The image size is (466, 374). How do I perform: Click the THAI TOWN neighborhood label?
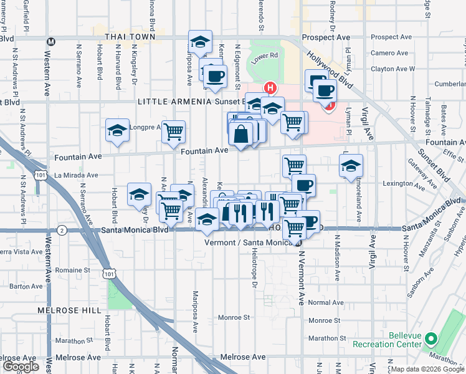tap(130, 37)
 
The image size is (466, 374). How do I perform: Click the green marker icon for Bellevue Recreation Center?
tap(432, 340)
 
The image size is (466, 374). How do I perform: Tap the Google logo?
tap(21, 367)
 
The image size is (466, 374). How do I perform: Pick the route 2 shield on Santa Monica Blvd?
tap(62, 230)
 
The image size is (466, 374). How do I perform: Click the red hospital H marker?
tap(270, 88)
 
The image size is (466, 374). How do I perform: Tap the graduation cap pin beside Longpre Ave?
tap(117, 131)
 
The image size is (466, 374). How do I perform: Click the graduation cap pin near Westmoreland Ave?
tap(351, 166)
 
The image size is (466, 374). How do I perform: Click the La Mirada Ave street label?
tap(76, 176)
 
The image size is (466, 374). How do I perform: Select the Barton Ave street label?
tap(26, 287)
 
